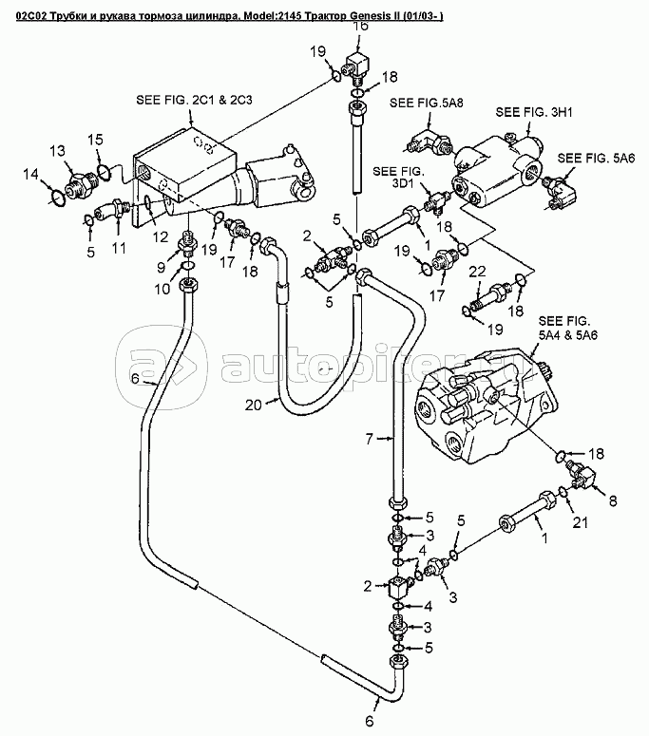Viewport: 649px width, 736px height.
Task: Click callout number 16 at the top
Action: tap(360, 27)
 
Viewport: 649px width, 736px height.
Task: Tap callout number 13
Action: tap(57, 151)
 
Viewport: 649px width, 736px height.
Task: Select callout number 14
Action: tap(31, 174)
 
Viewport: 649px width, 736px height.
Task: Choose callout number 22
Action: tap(478, 272)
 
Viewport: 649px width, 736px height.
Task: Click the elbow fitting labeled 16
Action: tap(359, 66)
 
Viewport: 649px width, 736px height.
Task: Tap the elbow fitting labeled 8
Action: tap(581, 473)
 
